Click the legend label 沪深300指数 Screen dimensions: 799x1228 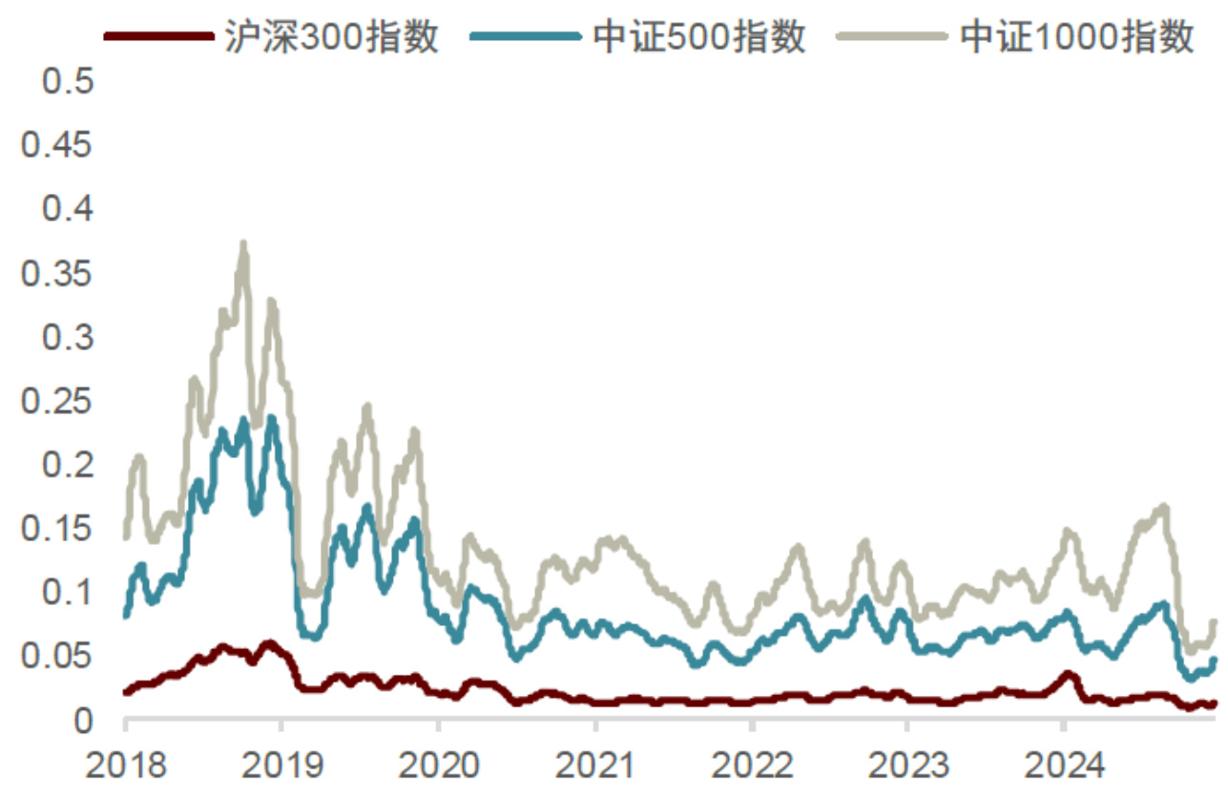(x=332, y=37)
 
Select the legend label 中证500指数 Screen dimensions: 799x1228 (x=699, y=37)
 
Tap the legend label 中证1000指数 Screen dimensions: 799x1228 (x=1077, y=37)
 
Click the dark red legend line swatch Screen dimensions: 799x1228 (x=157, y=37)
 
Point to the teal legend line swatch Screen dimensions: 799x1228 (x=525, y=37)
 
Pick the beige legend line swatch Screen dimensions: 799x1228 (x=891, y=37)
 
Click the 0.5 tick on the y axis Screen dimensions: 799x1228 (x=69, y=81)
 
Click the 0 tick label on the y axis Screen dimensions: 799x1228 (x=84, y=721)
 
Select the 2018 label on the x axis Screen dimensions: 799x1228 (x=125, y=765)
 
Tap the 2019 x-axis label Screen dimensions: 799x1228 (x=281, y=765)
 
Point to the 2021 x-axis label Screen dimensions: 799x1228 (x=595, y=765)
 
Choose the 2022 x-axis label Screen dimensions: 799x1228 (x=752, y=765)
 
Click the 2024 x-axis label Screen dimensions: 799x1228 (x=1065, y=765)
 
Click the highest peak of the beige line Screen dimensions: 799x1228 (x=243, y=244)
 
